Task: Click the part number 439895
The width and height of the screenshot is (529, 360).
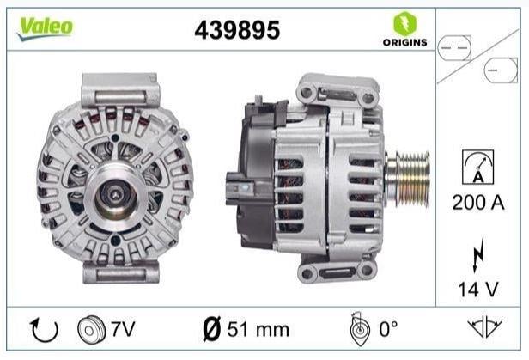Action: tap(237, 30)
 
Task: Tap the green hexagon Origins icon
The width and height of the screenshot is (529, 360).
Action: tap(404, 23)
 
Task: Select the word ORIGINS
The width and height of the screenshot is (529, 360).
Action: tap(404, 42)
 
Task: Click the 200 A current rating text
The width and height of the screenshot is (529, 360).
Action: tap(478, 203)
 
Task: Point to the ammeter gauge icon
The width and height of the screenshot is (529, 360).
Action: tap(477, 167)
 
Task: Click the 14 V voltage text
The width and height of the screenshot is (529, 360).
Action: tap(478, 290)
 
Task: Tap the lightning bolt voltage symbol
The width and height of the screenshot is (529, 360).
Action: tap(478, 253)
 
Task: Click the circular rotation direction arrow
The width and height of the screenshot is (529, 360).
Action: tap(44, 330)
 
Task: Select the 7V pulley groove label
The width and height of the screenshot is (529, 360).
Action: tap(123, 329)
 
